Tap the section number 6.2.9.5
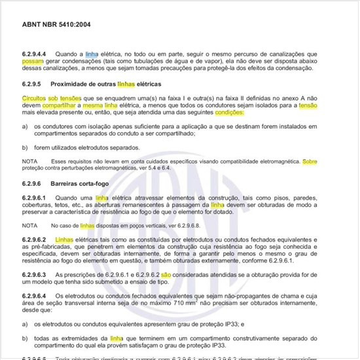tap(32, 84)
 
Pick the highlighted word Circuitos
tap(36, 97)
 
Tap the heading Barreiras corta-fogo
tap(99, 184)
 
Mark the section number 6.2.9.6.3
tap(36, 274)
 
